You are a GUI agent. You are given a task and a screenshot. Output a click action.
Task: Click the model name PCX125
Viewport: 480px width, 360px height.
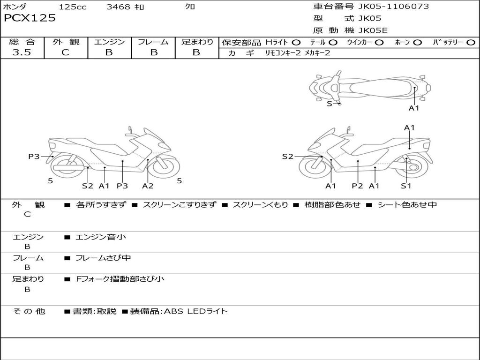click(30, 18)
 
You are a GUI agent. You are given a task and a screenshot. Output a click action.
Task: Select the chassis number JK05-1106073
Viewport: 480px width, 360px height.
click(393, 7)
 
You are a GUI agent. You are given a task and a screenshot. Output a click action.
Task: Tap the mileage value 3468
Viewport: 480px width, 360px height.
click(119, 7)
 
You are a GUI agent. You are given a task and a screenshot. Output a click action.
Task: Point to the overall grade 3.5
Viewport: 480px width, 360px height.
click(22, 52)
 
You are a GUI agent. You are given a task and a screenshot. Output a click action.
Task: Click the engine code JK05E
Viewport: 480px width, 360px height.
click(373, 31)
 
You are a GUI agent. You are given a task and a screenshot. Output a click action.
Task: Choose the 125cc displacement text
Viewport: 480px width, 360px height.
click(73, 7)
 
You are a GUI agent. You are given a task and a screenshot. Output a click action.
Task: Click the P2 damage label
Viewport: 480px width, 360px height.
click(358, 186)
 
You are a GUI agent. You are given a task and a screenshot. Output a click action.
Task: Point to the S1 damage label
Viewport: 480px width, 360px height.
click(406, 186)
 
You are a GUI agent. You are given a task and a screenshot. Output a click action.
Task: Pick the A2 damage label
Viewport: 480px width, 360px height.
click(148, 186)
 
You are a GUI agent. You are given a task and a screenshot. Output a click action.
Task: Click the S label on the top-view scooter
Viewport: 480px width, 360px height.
click(329, 104)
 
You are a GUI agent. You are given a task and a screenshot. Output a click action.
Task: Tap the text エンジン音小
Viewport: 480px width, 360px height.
click(101, 237)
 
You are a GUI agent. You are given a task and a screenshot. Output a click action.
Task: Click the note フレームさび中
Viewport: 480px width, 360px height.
click(103, 258)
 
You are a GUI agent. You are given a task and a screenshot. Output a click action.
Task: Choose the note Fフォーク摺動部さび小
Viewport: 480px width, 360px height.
click(120, 279)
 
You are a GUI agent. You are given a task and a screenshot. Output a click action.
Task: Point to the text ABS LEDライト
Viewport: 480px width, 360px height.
click(195, 311)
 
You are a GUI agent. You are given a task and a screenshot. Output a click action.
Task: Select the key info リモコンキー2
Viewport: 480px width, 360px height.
click(282, 53)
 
